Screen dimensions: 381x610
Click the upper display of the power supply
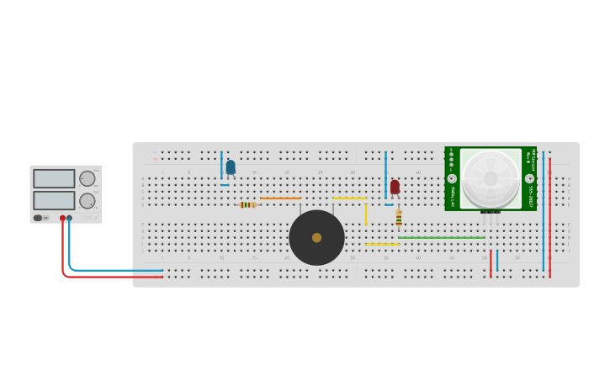point(54,178)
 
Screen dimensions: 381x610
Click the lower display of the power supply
point(54,200)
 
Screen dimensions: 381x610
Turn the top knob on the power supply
point(87,178)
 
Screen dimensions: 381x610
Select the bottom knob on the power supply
point(87,200)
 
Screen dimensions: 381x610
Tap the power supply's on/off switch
point(39,218)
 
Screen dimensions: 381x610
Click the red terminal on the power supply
point(62,218)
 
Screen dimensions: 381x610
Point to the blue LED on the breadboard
point(231,167)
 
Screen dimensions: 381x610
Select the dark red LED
point(395,186)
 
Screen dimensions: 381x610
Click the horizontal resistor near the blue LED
point(247,204)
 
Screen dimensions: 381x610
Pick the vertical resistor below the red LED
point(399,218)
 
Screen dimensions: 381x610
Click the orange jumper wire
point(280,198)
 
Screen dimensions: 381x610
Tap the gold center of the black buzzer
point(316,237)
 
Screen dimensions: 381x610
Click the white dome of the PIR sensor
point(491,177)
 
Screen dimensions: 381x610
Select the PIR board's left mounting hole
point(452,178)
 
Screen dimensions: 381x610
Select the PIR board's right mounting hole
point(529,178)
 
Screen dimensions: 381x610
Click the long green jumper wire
point(442,237)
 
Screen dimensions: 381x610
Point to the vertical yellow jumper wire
point(365,214)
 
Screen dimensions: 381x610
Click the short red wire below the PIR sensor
point(491,263)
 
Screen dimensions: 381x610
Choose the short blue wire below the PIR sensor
point(497,261)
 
